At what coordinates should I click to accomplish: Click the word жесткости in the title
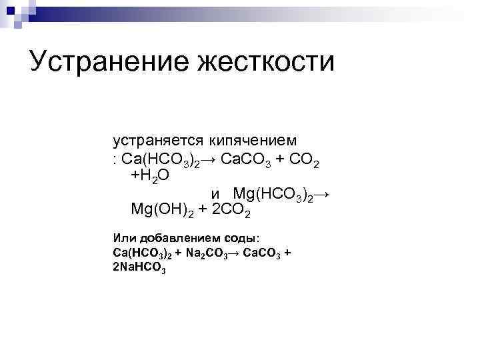(x=266, y=61)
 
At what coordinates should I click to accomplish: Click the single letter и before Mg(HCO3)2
(x=215, y=194)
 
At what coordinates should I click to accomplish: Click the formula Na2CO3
(x=205, y=253)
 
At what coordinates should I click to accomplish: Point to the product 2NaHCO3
(x=139, y=267)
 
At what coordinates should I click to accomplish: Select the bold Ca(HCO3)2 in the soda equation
(x=143, y=253)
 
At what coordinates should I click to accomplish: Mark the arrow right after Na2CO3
(x=234, y=253)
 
